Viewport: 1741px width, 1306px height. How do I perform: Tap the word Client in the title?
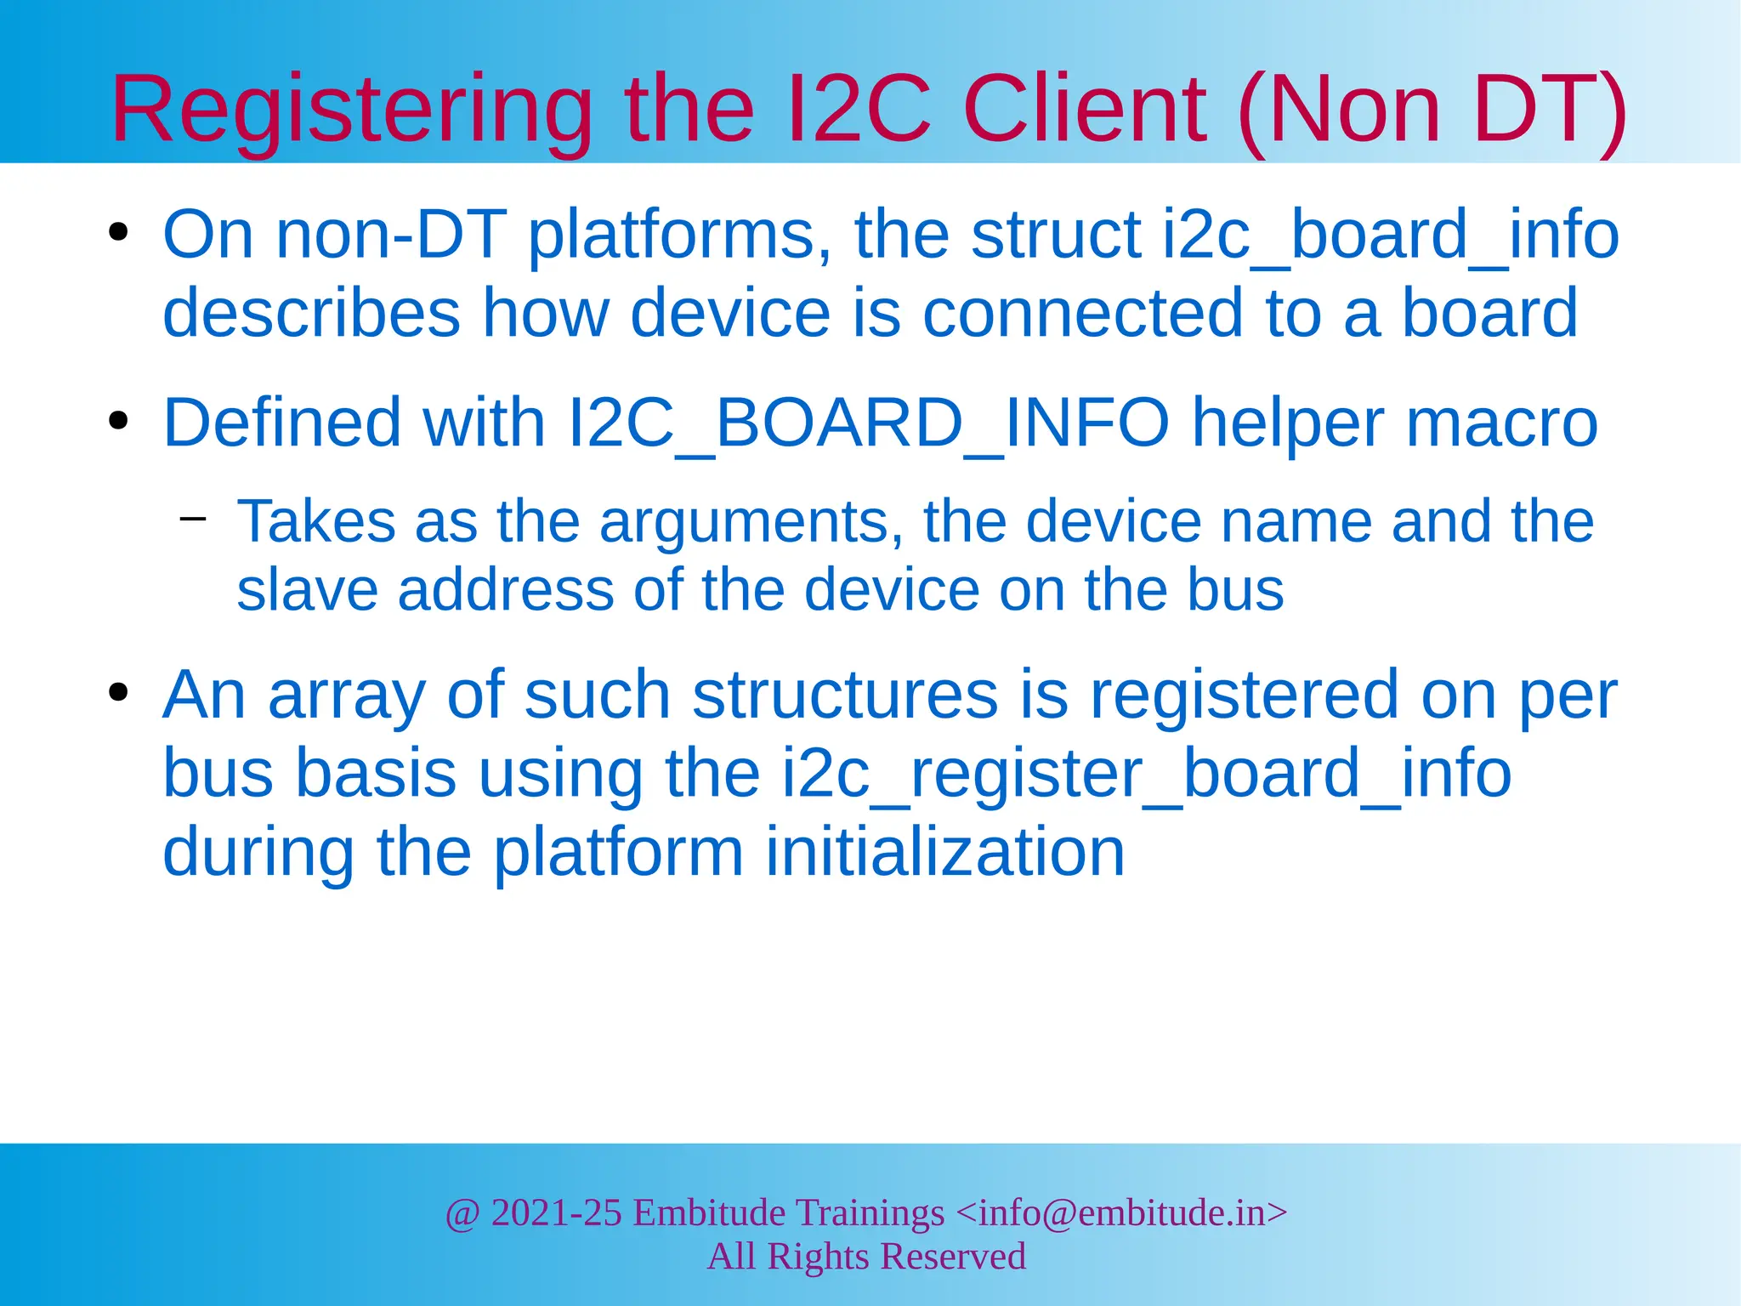[x=1085, y=111]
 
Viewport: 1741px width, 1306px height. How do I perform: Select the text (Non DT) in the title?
[x=1432, y=111]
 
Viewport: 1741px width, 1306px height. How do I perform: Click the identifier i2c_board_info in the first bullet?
[x=1390, y=235]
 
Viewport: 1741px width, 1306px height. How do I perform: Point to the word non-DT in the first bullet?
[x=392, y=235]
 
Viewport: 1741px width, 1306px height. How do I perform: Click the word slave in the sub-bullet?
[x=307, y=590]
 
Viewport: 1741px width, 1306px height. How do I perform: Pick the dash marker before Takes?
[x=193, y=519]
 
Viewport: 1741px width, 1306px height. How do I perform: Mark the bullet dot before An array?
[x=118, y=692]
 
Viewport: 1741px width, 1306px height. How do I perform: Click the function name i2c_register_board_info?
[x=1147, y=774]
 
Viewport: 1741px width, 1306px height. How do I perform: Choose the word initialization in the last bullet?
[x=944, y=852]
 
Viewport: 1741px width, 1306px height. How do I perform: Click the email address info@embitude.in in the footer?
[x=1121, y=1213]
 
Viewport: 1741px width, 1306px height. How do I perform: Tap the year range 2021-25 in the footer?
[x=557, y=1213]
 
